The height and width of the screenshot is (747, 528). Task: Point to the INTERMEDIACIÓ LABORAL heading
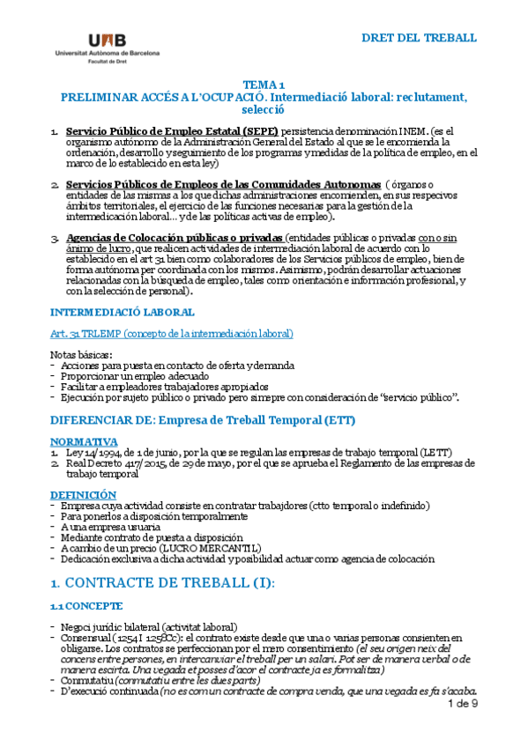[123, 312]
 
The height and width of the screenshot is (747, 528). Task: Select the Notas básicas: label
[82, 354]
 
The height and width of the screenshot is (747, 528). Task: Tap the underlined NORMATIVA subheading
[84, 441]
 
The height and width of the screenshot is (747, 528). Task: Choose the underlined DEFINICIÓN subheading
[83, 495]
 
